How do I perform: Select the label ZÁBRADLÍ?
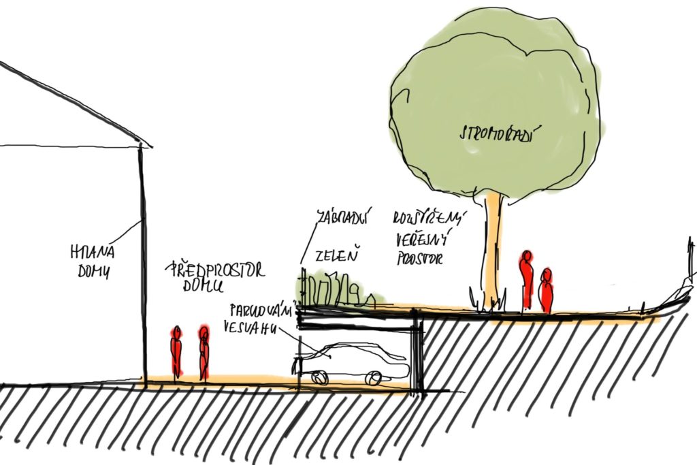coord(342,219)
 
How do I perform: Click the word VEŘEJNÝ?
coord(419,239)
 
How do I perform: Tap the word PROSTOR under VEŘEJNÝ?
coord(419,259)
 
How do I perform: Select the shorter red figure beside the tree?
coord(545,291)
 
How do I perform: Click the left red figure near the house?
coord(176,352)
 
